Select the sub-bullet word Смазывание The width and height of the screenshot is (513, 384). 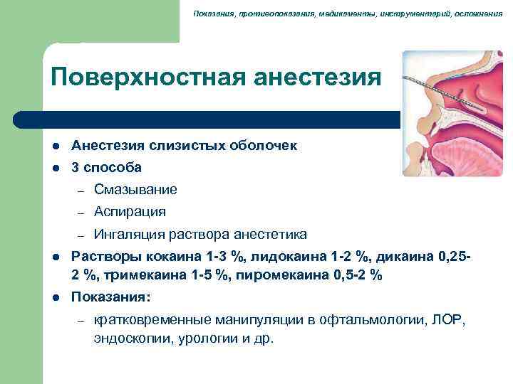point(135,189)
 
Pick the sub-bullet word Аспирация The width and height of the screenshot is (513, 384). point(130,211)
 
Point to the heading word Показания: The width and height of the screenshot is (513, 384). point(110,297)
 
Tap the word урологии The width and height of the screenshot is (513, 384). point(207,338)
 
